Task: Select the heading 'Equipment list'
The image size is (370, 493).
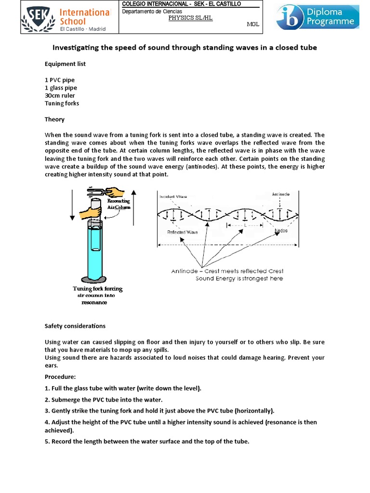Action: coord(66,64)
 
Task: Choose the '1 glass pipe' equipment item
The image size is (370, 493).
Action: coord(61,88)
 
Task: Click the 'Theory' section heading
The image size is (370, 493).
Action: coord(54,119)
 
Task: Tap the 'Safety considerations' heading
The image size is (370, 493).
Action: coord(75,326)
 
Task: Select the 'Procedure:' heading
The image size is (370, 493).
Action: coord(61,376)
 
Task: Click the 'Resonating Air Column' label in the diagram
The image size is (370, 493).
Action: coord(119,203)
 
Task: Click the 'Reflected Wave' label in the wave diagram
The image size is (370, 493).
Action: coord(183,232)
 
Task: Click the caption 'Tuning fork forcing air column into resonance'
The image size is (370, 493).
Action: coord(98,296)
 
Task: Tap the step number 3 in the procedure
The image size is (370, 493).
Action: coord(47,411)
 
